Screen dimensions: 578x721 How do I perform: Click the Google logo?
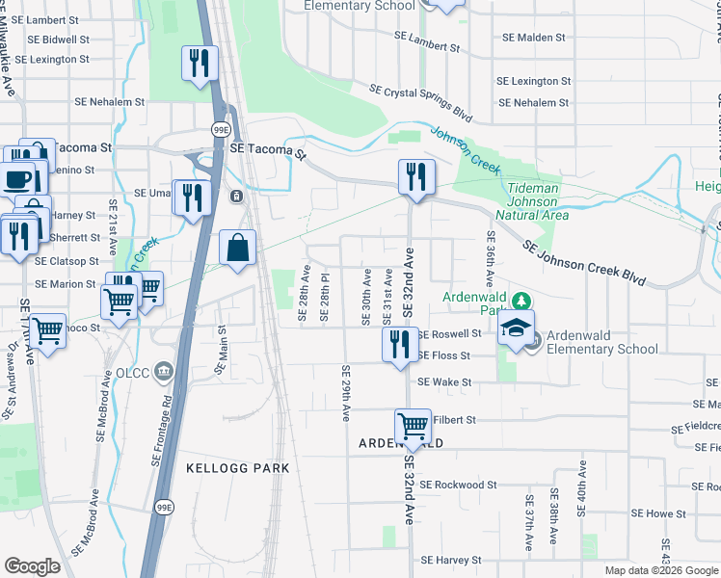[x=33, y=566]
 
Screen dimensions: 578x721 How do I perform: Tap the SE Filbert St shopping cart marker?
[x=414, y=426]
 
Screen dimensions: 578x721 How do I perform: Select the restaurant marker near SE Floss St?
[x=400, y=344]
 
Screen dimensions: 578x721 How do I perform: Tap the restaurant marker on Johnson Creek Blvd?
[x=416, y=176]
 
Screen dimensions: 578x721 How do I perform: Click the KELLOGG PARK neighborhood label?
[x=237, y=468]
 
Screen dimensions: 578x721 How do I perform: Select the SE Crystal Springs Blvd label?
[x=420, y=102]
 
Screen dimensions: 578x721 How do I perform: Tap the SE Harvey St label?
[x=450, y=560]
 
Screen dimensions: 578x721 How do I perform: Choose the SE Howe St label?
[x=659, y=514]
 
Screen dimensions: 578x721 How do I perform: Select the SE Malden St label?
[x=533, y=38]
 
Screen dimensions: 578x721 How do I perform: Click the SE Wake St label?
[x=444, y=382]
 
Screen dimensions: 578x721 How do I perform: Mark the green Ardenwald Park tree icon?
[x=521, y=301]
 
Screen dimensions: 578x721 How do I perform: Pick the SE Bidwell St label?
[x=60, y=39]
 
